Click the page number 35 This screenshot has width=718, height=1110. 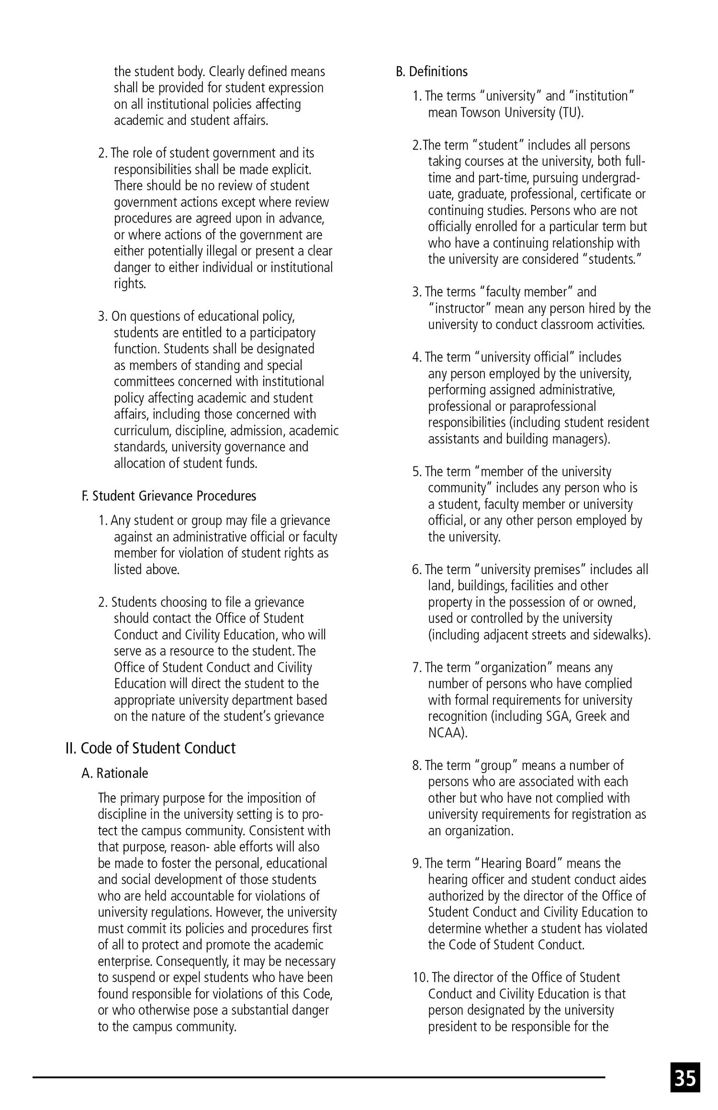pyautogui.click(x=685, y=1077)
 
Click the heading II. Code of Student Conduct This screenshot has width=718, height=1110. pyautogui.click(x=150, y=748)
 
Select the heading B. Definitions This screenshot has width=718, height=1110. pyautogui.click(x=431, y=71)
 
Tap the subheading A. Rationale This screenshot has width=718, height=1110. pyautogui.click(x=115, y=773)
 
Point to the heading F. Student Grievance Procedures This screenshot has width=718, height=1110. pyautogui.click(x=169, y=496)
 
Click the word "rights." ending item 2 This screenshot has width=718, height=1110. pyautogui.click(x=130, y=283)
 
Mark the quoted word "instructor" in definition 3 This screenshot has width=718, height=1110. pyautogui.click(x=460, y=308)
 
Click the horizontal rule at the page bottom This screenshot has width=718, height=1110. pyautogui.click(x=318, y=1077)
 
